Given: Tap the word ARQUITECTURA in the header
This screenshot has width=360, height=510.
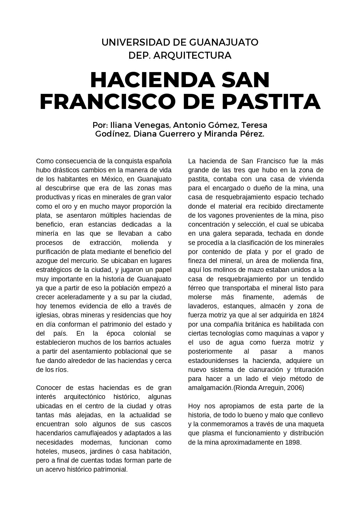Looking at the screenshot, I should [x=192, y=55].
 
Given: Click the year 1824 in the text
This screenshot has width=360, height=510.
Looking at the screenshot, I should [x=316, y=315].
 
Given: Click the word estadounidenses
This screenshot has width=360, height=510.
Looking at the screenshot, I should [x=215, y=361].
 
